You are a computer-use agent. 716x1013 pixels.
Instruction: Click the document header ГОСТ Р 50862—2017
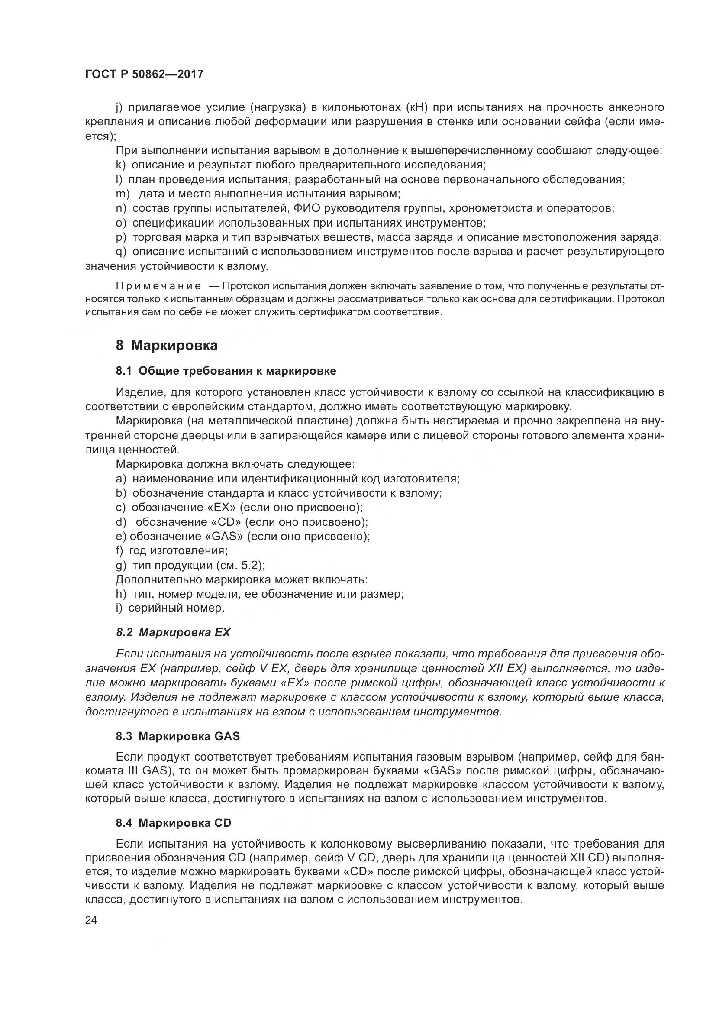coord(144,74)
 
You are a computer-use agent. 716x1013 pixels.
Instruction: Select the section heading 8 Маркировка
coord(167,345)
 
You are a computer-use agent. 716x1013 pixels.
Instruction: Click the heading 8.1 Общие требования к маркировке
coord(226,371)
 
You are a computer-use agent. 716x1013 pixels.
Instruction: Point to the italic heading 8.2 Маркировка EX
coord(173,633)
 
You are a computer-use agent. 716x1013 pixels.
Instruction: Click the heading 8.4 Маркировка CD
coord(173,821)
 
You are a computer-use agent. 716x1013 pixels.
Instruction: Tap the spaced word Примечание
coord(143,286)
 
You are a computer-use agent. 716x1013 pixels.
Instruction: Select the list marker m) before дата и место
coord(123,194)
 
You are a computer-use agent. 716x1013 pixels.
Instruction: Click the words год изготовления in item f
coord(178,550)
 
